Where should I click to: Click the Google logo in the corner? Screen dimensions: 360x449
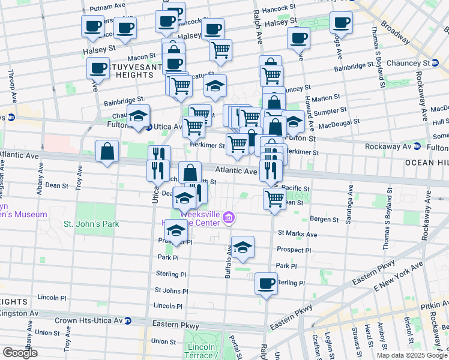click(x=20, y=353)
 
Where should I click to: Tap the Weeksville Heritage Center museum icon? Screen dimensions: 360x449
click(x=229, y=218)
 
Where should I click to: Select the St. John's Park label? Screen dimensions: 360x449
click(x=91, y=224)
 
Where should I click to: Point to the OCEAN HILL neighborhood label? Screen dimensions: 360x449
click(x=427, y=163)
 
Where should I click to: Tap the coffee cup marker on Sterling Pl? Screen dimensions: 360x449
click(x=265, y=283)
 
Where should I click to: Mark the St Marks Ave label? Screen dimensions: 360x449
click(x=297, y=234)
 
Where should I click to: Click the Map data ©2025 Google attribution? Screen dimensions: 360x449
click(x=412, y=355)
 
